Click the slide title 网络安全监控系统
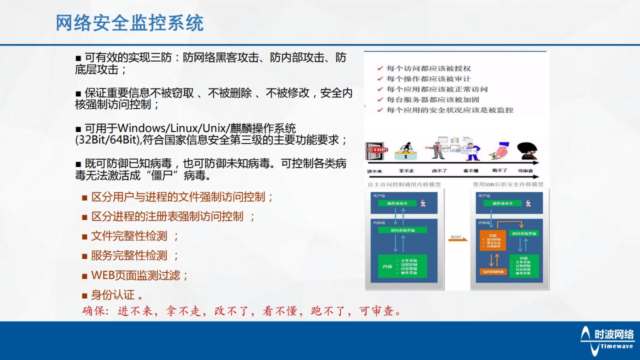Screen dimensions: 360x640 pyautogui.click(x=129, y=23)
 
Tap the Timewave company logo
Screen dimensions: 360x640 pyautogui.click(x=607, y=338)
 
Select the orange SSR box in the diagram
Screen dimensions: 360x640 pyautogui.click(x=492, y=240)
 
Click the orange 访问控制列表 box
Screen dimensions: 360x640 pyautogui.click(x=493, y=272)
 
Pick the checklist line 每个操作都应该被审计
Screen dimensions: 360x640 pyautogui.click(x=428, y=78)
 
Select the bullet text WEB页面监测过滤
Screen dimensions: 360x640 pyautogui.click(x=140, y=275)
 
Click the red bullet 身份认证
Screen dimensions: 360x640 pyautogui.click(x=113, y=294)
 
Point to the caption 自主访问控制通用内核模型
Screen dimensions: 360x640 pyautogui.click(x=404, y=184)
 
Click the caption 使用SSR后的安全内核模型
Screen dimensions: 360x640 pyautogui.click(x=508, y=184)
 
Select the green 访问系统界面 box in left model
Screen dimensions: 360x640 pyautogui.click(x=402, y=230)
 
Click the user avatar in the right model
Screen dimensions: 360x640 pyautogui.click(x=528, y=202)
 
